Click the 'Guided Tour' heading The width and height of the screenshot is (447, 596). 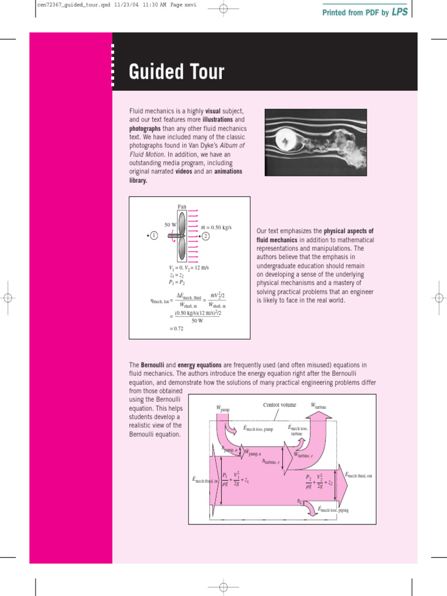[x=176, y=72]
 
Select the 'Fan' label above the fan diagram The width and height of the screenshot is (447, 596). [x=182, y=206]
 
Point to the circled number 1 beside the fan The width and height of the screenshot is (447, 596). [x=154, y=236]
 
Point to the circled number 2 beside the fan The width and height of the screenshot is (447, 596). [x=205, y=236]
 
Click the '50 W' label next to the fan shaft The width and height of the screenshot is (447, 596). [x=171, y=225]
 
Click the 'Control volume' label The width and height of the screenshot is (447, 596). [x=279, y=405]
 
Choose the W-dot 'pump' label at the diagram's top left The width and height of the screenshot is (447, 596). [x=223, y=408]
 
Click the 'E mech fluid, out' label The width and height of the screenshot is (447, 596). [x=358, y=476]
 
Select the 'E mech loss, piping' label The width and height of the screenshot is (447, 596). [x=333, y=509]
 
